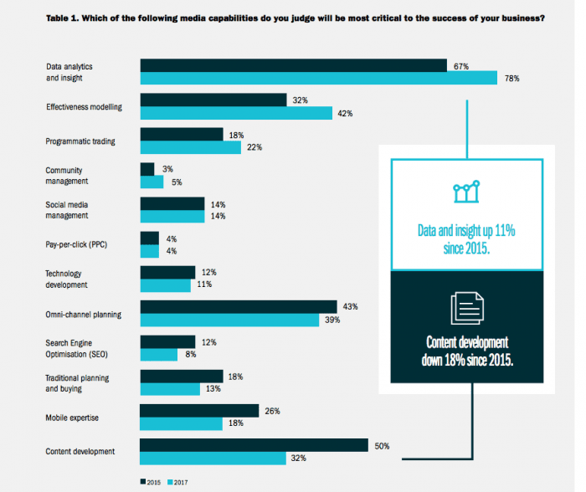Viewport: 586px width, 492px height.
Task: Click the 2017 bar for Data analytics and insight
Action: coord(318,79)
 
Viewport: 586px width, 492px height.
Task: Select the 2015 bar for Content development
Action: coord(254,445)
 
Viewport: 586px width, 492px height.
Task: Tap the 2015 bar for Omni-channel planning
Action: coord(238,307)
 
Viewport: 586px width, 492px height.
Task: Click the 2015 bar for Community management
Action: coord(147,169)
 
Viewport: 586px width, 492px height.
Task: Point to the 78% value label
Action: coord(511,79)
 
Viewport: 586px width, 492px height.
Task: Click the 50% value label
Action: coord(383,445)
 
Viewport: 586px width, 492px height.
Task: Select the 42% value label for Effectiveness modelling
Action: coord(343,113)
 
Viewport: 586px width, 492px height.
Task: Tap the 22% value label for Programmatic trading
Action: coord(255,147)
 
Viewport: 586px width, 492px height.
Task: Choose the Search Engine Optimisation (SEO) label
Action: coord(78,348)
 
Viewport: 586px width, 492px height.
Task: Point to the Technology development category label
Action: coord(66,279)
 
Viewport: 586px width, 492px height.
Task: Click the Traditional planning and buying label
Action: coord(78,382)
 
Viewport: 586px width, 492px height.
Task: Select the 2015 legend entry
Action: coord(151,481)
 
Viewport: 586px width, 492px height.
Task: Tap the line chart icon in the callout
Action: coord(465,192)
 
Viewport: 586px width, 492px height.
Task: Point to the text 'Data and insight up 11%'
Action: coord(465,230)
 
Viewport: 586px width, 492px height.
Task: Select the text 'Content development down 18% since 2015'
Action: coord(465,351)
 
